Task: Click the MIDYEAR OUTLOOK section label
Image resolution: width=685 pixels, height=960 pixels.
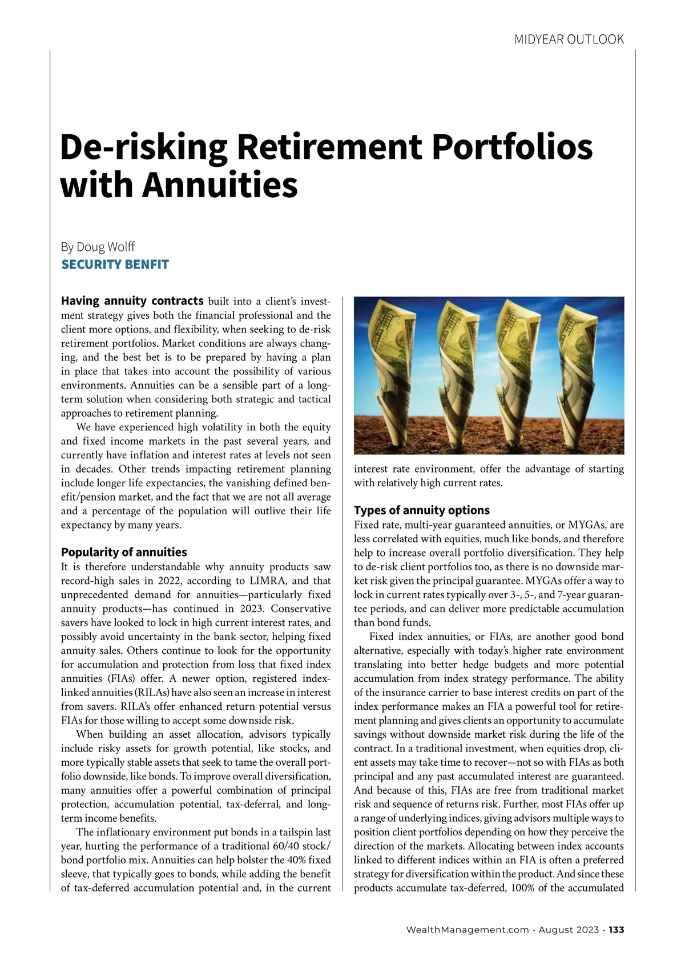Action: (x=569, y=39)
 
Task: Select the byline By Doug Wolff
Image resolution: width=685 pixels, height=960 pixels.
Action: (x=98, y=247)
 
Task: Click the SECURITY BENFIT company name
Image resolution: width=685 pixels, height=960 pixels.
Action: (x=115, y=265)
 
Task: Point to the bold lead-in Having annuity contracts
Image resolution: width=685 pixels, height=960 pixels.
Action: (x=132, y=301)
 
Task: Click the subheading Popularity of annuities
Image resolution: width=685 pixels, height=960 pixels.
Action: (x=124, y=552)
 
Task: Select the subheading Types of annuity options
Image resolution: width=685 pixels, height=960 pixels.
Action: (x=422, y=510)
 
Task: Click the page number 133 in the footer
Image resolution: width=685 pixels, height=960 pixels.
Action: (x=616, y=930)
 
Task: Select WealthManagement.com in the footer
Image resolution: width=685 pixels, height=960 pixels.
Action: (x=467, y=930)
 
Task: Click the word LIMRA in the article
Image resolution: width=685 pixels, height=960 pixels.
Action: (x=252, y=581)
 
